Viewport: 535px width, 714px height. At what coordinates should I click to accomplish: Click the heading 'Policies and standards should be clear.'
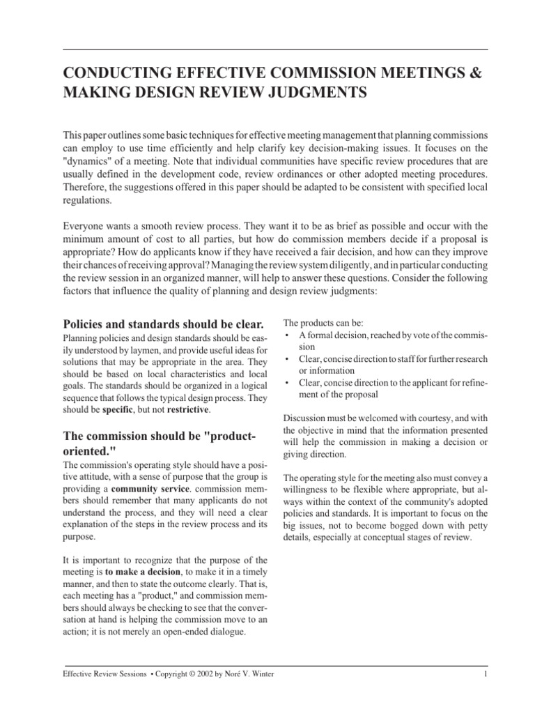pos(164,324)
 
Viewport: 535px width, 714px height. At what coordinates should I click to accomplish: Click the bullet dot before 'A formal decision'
pos(287,335)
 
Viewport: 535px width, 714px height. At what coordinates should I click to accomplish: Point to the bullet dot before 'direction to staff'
pos(287,359)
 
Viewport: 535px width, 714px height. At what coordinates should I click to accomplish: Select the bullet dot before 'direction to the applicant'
pos(287,383)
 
